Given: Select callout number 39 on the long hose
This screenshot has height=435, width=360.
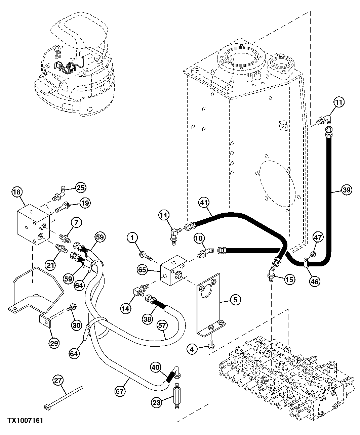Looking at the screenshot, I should pos(347,190).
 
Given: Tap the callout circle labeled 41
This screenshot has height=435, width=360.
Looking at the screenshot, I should pos(204,203).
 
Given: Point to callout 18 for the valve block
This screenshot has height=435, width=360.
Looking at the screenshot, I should pos(17,192).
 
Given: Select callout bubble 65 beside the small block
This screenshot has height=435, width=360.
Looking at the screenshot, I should pos(142,269).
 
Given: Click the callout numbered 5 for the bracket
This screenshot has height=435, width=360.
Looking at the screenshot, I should pos(235,300).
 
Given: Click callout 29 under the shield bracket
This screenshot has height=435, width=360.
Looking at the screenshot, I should pos(54,343).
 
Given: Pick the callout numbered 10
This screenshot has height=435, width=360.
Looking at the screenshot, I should pos(199,238).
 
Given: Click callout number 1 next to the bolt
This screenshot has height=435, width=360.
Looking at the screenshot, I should pos(132,238).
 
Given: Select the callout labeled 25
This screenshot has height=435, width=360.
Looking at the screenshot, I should pos(80,187).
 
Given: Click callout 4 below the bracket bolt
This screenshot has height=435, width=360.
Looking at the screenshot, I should pos(192,349).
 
